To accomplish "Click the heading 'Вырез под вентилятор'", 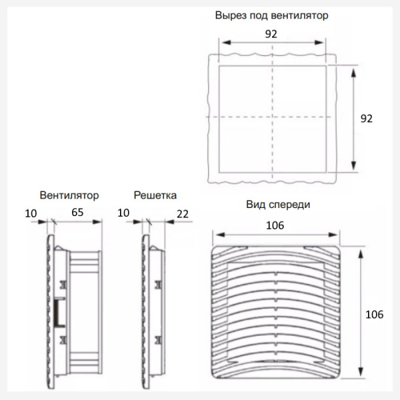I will [x=271, y=15].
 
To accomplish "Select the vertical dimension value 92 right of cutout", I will [x=366, y=118].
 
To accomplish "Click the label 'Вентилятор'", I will [x=69, y=196].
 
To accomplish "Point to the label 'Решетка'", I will [x=155, y=196].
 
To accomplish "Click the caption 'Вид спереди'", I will [x=278, y=205].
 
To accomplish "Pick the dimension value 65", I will [x=77, y=213].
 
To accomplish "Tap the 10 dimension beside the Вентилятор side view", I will [x=30, y=213].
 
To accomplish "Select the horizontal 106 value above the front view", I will [x=275, y=225].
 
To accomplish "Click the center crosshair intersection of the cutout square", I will [x=272, y=117].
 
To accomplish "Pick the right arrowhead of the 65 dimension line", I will [x=101, y=221].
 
